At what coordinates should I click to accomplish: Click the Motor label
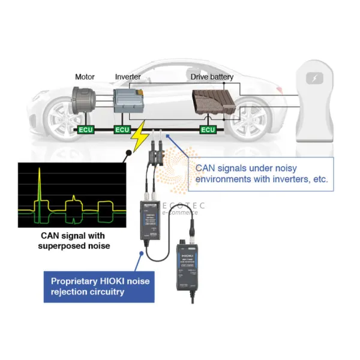(x=85, y=77)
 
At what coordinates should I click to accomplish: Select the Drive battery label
(x=212, y=77)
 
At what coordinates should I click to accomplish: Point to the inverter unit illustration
(x=129, y=100)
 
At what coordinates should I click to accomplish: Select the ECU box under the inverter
(x=122, y=130)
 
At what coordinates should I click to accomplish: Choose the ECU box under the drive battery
(x=208, y=130)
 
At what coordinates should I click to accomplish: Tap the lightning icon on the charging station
(x=314, y=79)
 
